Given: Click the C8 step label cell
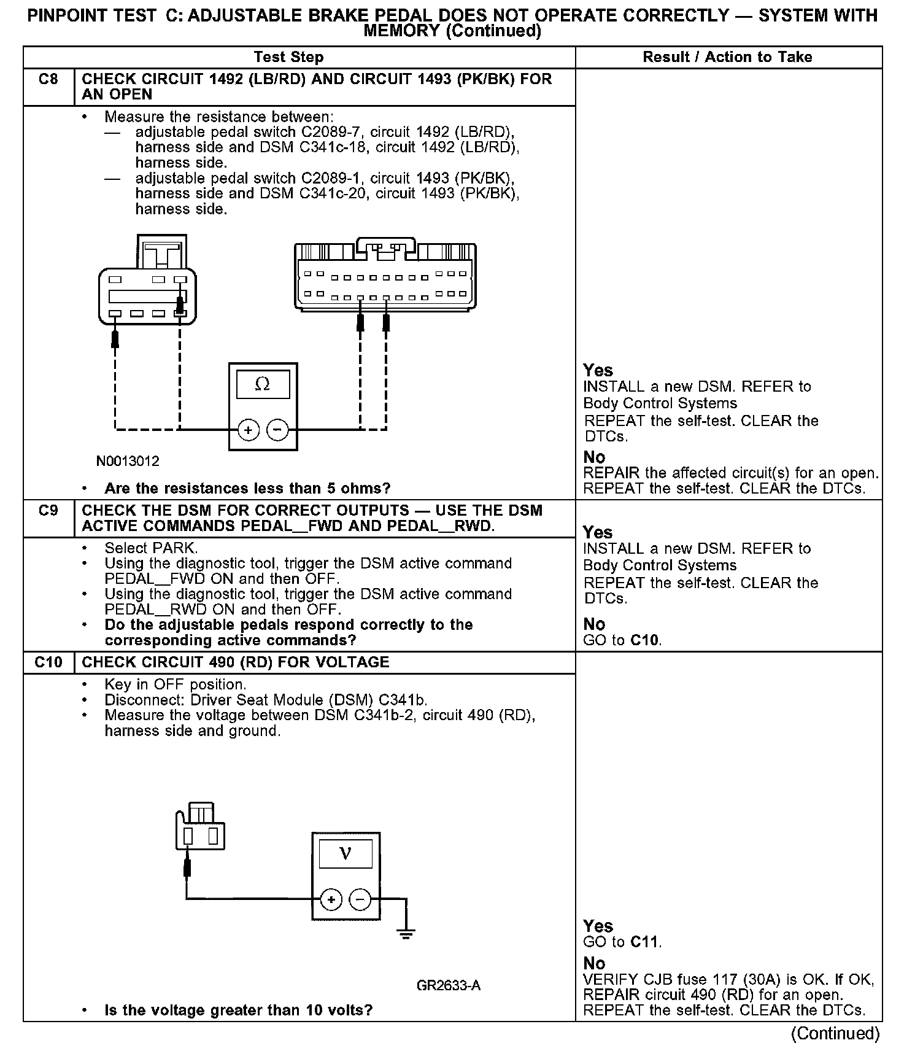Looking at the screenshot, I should (48, 79).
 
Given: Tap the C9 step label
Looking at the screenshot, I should (48, 511).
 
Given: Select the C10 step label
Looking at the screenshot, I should (48, 662).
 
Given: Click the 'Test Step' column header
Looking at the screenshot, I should (288, 57).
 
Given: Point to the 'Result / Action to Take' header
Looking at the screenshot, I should (727, 57).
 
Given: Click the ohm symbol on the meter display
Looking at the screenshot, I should (262, 384).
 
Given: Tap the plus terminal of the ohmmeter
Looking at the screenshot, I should (248, 430).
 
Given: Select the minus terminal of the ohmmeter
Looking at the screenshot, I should (278, 430).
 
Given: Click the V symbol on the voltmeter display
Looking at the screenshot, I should (346, 853).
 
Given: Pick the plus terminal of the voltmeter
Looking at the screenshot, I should (331, 900).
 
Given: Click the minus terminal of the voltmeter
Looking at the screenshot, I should (360, 900).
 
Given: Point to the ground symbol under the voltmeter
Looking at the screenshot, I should (405, 935).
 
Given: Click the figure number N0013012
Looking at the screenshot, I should (128, 461).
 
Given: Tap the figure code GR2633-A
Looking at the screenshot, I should (449, 986).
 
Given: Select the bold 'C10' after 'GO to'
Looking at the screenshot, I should (646, 640).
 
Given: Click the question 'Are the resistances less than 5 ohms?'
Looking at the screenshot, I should (247, 489).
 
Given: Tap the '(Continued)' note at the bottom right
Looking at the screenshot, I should (835, 1033).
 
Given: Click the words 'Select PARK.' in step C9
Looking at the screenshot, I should (151, 548).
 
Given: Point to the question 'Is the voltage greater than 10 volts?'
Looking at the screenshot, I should (239, 1010).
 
